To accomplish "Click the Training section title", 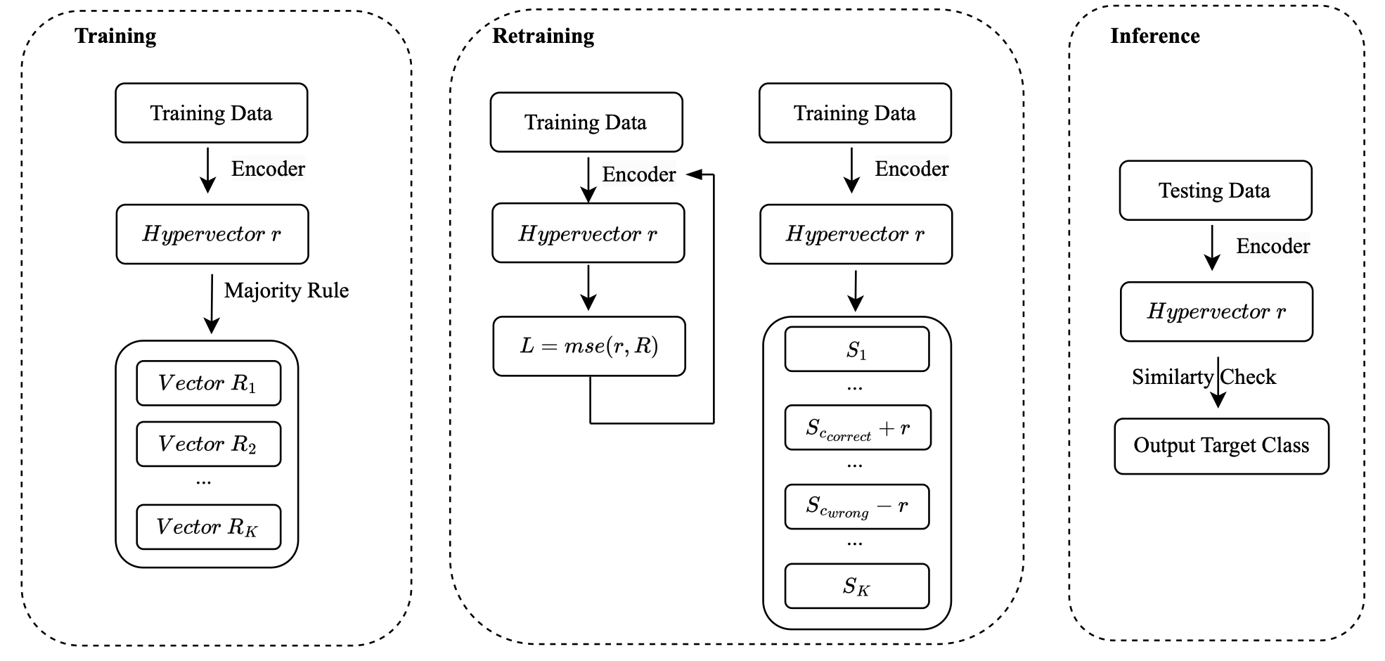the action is [115, 36].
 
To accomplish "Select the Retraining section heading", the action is [543, 36].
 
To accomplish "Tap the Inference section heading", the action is [1155, 36].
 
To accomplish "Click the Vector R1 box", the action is [209, 383].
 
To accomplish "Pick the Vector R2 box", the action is [209, 444].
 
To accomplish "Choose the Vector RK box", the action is [209, 527].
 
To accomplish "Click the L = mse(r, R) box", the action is [589, 346].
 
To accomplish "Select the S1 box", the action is [857, 349].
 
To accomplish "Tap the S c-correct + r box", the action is [858, 428].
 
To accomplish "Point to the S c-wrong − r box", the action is [857, 506].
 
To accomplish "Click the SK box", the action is [857, 586].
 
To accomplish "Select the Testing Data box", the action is [1216, 191].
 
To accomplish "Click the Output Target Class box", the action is [1222, 446].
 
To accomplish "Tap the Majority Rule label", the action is [286, 290].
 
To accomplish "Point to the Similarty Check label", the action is [1204, 377].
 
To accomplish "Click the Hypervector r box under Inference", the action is [1217, 312].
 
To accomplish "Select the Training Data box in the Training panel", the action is [212, 113].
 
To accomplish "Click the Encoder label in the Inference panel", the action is [1273, 246].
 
